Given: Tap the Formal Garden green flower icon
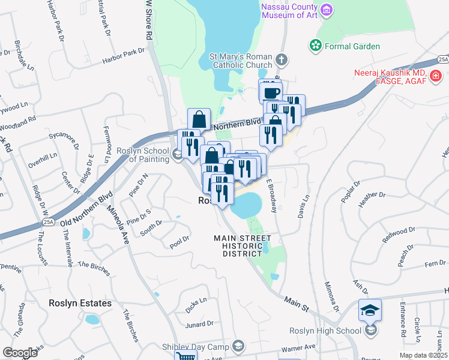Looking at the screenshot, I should point(314,46).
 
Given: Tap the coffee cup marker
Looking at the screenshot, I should point(271,92).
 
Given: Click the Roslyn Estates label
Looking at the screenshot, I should point(80,304).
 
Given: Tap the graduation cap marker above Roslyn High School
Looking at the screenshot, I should point(369,310).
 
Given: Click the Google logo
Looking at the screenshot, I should point(20,353).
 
